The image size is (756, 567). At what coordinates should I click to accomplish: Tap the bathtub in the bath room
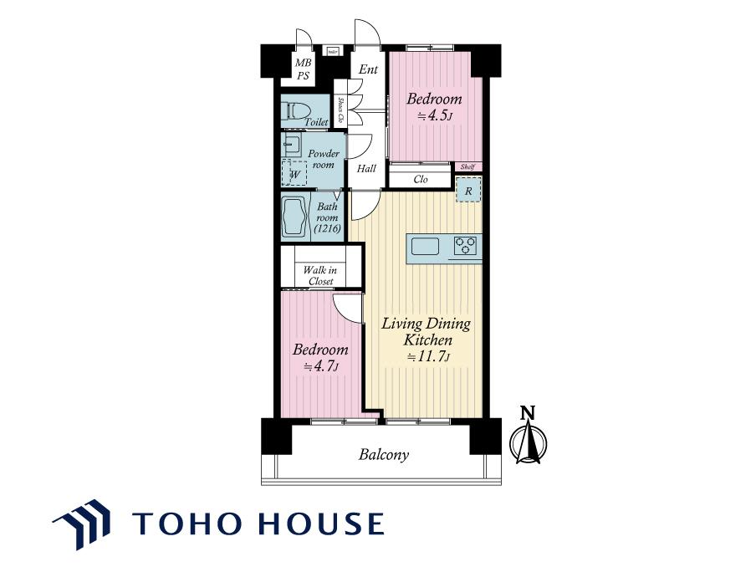295,217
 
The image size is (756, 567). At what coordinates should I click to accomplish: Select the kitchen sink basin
425,246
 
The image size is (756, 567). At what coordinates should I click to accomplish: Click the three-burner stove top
465,245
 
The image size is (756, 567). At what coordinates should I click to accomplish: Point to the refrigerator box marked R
468,190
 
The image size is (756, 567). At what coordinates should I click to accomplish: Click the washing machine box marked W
294,172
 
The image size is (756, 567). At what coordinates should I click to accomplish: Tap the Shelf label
467,166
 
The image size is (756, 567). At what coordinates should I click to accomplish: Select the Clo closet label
421,179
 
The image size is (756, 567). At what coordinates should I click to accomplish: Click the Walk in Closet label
320,275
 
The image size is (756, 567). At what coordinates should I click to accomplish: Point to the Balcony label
384,455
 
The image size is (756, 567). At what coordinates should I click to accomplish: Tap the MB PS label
303,69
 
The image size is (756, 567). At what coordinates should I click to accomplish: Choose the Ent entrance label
368,69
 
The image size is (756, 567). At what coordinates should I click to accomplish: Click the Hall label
366,169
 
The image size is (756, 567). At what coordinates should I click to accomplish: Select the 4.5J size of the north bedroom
434,115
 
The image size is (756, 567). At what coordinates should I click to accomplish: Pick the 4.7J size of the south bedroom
319,366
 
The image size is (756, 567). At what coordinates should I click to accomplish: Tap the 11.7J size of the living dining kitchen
428,357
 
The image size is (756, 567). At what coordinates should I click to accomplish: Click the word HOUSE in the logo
321,524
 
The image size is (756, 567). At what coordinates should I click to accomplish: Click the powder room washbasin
292,143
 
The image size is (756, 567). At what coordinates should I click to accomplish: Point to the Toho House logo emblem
81,524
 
